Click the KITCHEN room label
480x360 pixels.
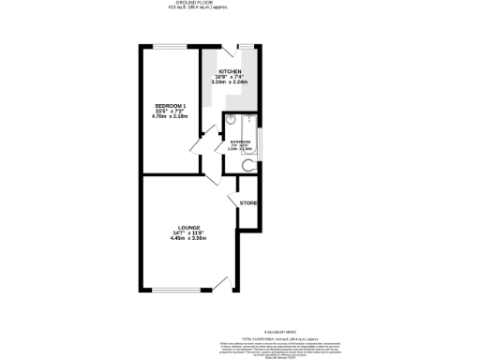(x=231, y=72)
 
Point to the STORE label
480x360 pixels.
(x=248, y=203)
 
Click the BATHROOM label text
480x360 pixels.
(x=240, y=142)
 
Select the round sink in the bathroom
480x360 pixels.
(x=230, y=120)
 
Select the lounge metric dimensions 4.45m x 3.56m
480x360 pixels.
(x=187, y=238)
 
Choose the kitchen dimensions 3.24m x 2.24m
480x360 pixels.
(x=231, y=83)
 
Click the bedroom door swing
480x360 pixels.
(x=194, y=145)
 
